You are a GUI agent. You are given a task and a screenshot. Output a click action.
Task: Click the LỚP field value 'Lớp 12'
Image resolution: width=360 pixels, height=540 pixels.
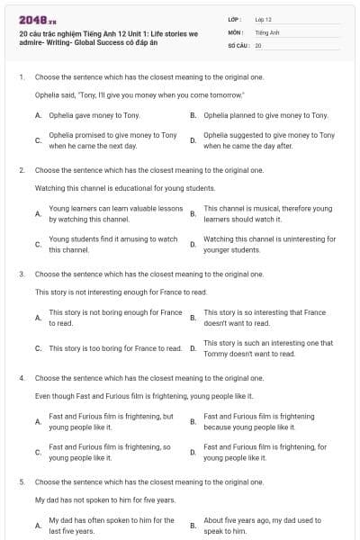(264, 19)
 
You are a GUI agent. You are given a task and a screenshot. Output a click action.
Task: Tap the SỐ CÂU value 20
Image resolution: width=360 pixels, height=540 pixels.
(258, 44)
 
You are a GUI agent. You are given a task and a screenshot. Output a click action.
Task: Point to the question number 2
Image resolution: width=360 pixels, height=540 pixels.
(21, 169)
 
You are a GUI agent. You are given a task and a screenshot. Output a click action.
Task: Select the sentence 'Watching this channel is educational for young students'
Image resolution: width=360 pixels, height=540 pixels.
(125, 188)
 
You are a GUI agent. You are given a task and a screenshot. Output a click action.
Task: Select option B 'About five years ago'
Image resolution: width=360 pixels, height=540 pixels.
(260, 525)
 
